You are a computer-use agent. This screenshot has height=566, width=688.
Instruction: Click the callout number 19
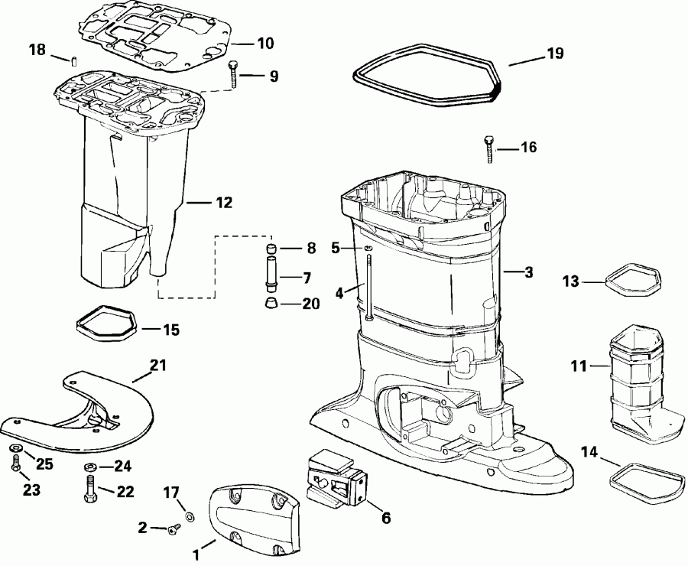click(554, 54)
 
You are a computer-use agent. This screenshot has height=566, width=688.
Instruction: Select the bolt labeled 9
click(233, 76)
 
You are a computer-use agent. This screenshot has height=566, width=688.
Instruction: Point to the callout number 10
click(264, 44)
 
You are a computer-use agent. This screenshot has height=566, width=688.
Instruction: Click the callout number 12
click(224, 203)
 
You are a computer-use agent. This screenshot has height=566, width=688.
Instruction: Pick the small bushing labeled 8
click(270, 249)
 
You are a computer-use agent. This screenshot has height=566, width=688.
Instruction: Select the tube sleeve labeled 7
click(270, 275)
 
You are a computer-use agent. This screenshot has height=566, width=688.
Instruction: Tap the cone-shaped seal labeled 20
click(271, 304)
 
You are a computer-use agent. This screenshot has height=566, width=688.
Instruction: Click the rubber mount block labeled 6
click(336, 478)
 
